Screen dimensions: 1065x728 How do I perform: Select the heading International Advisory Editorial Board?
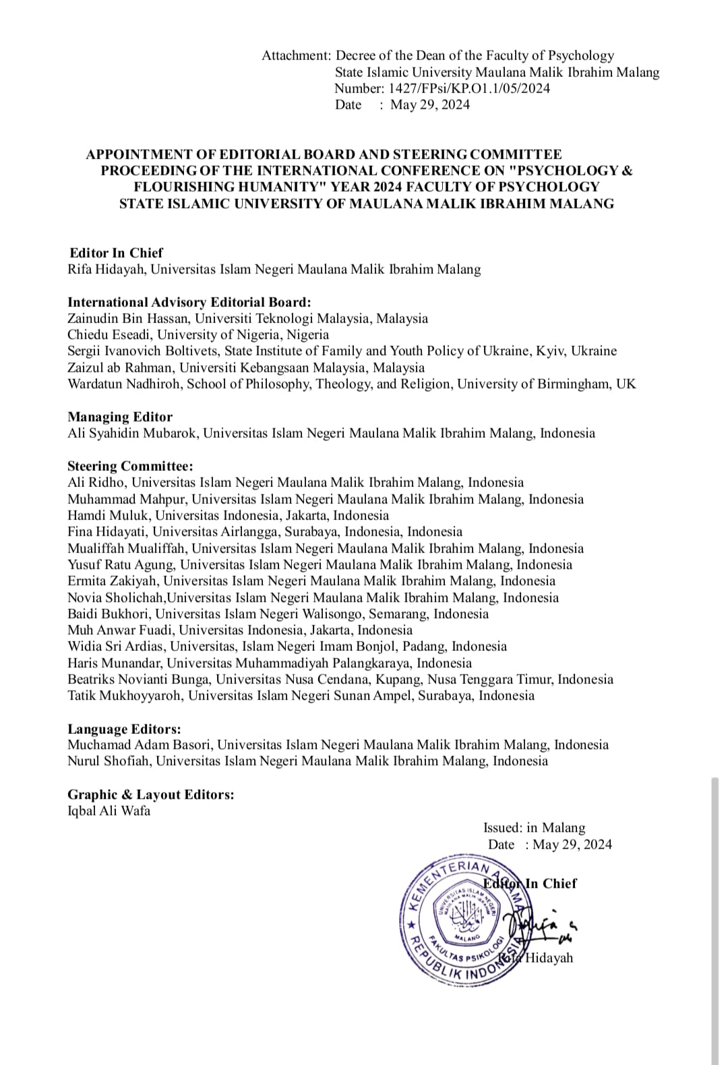point(189,302)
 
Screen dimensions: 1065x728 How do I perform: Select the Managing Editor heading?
point(120,417)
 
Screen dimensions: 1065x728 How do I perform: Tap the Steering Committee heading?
point(130,466)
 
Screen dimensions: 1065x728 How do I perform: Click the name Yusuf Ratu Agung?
point(121,565)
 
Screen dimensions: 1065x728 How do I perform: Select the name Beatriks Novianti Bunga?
point(138,679)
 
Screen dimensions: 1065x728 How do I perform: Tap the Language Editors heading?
point(124,729)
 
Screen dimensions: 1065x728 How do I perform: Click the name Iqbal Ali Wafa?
point(109,811)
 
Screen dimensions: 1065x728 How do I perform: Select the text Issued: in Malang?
point(534,828)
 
